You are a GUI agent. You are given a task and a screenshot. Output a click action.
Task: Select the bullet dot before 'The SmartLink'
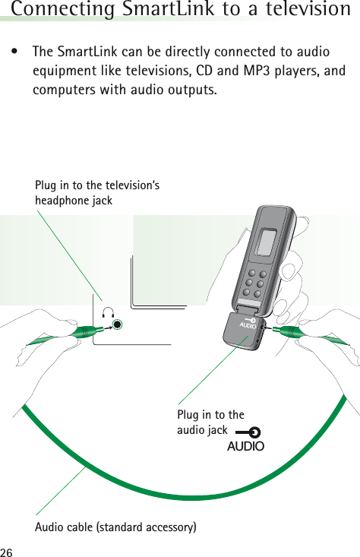[x=14, y=53]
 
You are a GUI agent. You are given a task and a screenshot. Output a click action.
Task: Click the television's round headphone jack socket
[x=118, y=325]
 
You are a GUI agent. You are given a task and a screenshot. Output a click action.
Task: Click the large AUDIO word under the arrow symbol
[x=245, y=446]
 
